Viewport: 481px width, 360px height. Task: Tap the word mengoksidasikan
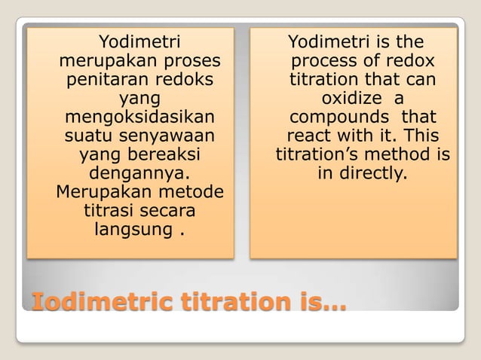click(x=139, y=118)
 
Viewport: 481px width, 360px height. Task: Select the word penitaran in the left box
click(x=105, y=79)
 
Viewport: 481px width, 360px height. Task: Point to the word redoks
click(x=183, y=79)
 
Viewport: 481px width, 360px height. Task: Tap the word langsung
click(x=133, y=229)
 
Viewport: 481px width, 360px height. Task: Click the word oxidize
click(x=347, y=99)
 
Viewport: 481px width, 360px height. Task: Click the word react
click(x=307, y=137)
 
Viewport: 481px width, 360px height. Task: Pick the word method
click(x=408, y=155)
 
